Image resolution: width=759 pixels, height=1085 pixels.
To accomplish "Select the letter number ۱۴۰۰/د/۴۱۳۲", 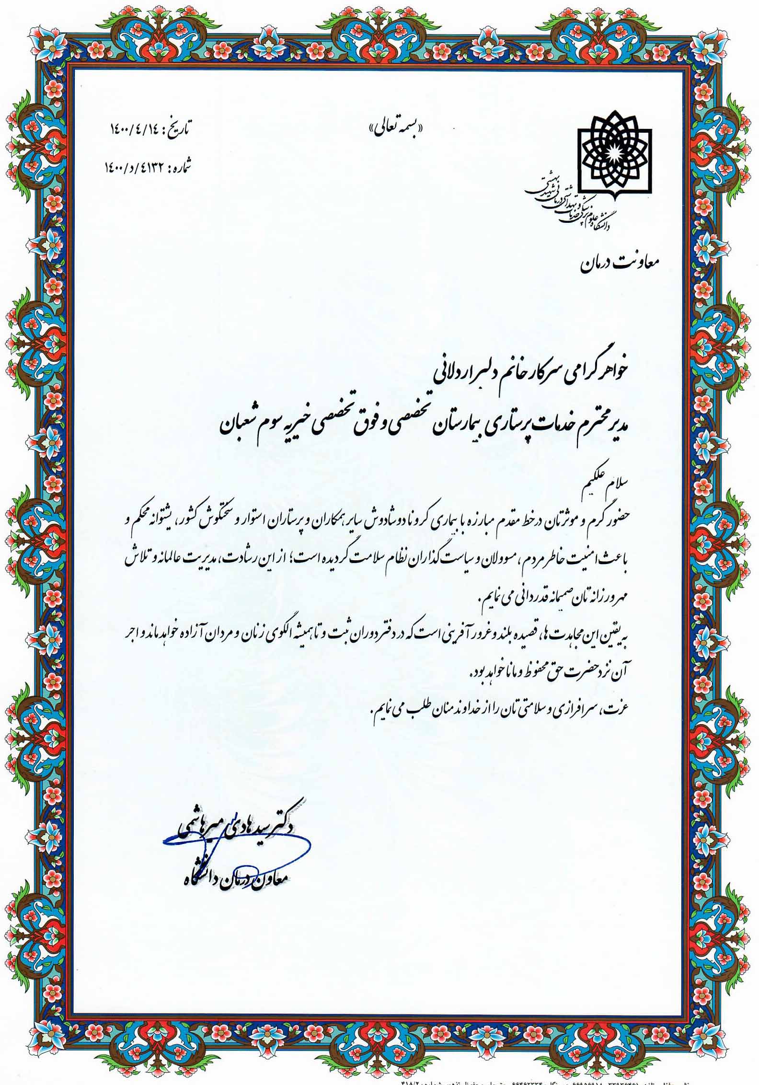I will pos(135,167).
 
